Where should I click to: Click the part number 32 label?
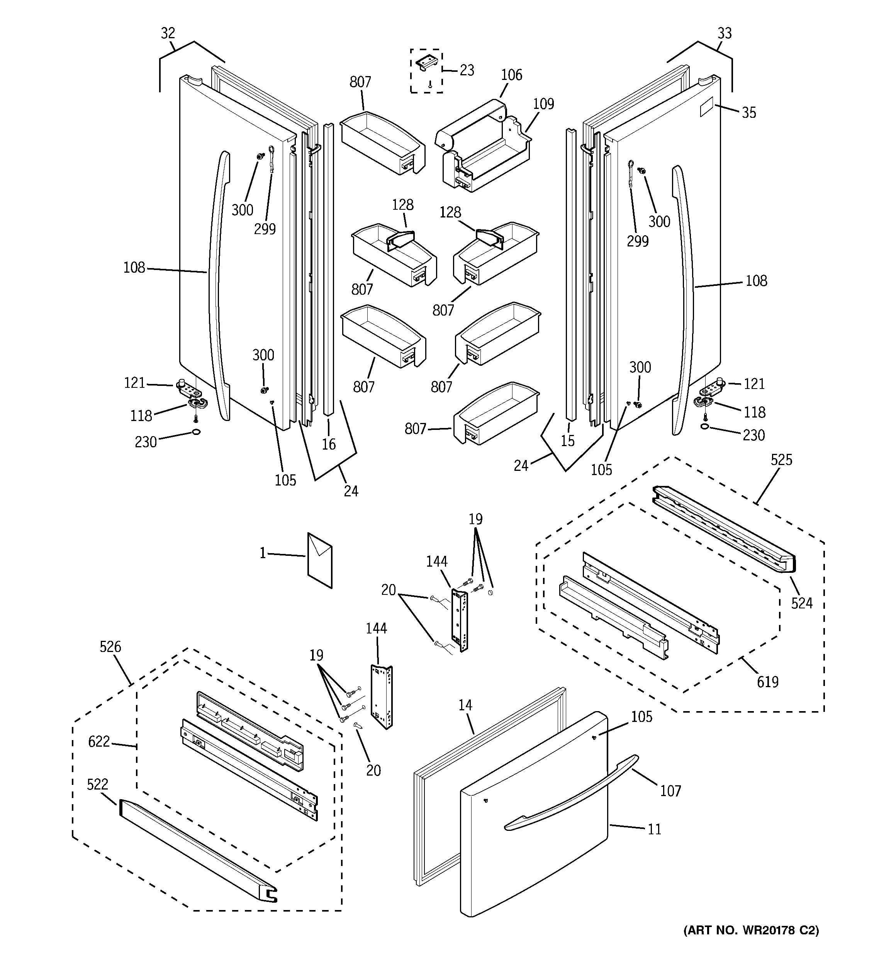coord(168,33)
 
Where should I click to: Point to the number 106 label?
coord(511,75)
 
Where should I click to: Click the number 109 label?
coord(543,104)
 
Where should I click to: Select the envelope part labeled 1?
coord(320,560)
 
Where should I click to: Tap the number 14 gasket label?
coord(465,705)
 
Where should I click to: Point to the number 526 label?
coord(110,647)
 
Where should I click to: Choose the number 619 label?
coord(768,682)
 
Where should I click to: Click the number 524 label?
coord(802,603)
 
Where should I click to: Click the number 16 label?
coord(329,444)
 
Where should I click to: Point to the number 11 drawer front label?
coord(654,829)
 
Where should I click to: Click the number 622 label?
coord(99,742)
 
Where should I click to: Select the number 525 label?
coord(782,460)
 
